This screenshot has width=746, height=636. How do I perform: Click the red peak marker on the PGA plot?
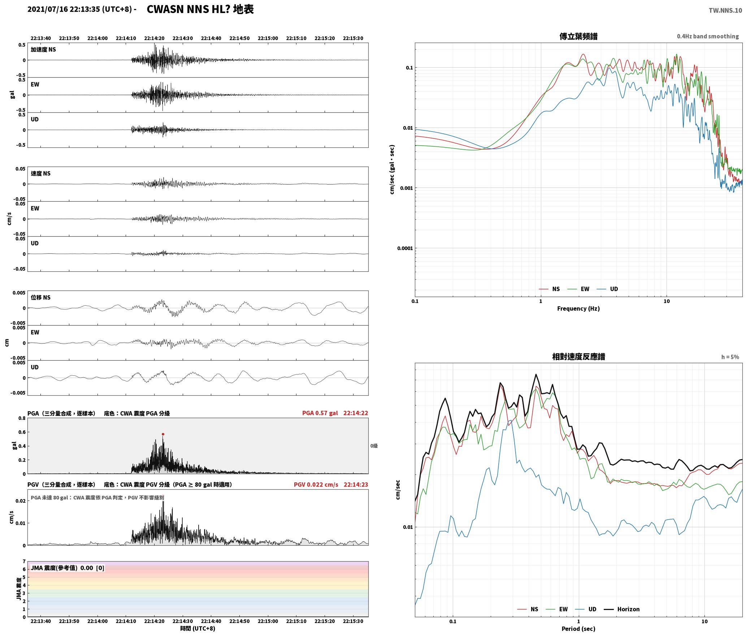click(163, 434)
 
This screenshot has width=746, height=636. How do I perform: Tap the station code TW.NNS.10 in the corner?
click(725, 10)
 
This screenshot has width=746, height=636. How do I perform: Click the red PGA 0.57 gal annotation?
click(320, 413)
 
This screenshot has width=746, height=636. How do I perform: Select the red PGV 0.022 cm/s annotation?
click(316, 485)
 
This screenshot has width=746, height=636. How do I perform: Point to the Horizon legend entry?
click(622, 609)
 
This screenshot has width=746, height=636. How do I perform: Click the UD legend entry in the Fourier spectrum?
click(607, 289)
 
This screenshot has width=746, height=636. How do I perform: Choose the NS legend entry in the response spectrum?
click(528, 609)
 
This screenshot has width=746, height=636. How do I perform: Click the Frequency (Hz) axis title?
click(578, 308)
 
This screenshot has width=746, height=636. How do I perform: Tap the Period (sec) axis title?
click(578, 628)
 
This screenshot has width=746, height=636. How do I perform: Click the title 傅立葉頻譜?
click(578, 36)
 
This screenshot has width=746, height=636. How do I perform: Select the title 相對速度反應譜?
click(578, 356)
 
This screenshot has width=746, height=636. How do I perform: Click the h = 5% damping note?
click(730, 357)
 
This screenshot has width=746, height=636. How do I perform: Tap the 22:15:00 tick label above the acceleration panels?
click(268, 38)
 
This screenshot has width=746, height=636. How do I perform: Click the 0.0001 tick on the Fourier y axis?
click(405, 248)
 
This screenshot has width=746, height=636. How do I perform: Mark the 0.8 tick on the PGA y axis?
click(22, 418)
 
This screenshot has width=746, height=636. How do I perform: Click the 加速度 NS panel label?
click(43, 50)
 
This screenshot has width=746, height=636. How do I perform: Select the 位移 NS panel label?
click(40, 297)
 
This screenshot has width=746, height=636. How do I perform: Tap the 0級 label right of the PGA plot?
click(374, 446)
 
